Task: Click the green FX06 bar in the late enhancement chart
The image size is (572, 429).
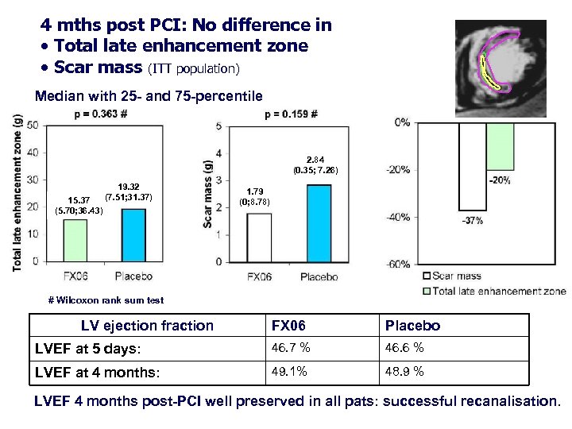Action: [x=75, y=240]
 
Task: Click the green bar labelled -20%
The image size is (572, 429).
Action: [x=500, y=146]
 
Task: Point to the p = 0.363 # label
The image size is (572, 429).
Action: [x=100, y=114]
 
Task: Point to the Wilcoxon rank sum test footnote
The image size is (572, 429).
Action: [x=106, y=300]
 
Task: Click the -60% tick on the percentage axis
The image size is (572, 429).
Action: [x=399, y=264]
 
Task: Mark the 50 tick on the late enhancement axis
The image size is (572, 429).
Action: [x=33, y=126]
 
